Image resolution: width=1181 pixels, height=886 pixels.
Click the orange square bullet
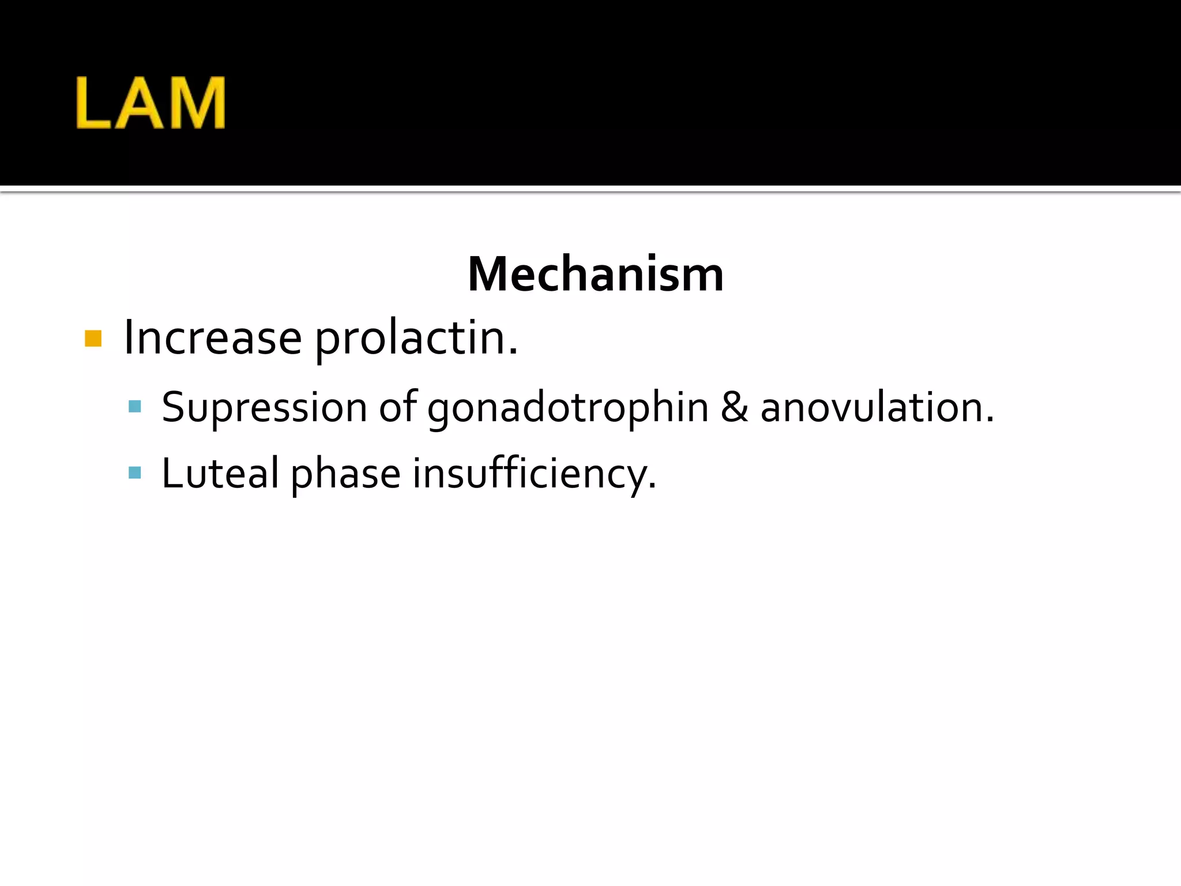[93, 339]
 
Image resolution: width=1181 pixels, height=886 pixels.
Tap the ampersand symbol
[734, 407]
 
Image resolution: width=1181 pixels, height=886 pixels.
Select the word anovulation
[877, 407]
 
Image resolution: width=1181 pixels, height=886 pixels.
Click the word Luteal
[220, 474]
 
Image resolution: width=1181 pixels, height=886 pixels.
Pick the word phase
[345, 475]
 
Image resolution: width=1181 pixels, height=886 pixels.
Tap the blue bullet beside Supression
[135, 407]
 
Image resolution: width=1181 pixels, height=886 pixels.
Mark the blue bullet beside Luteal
[135, 474]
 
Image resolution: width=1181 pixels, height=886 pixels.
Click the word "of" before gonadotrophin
[398, 407]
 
